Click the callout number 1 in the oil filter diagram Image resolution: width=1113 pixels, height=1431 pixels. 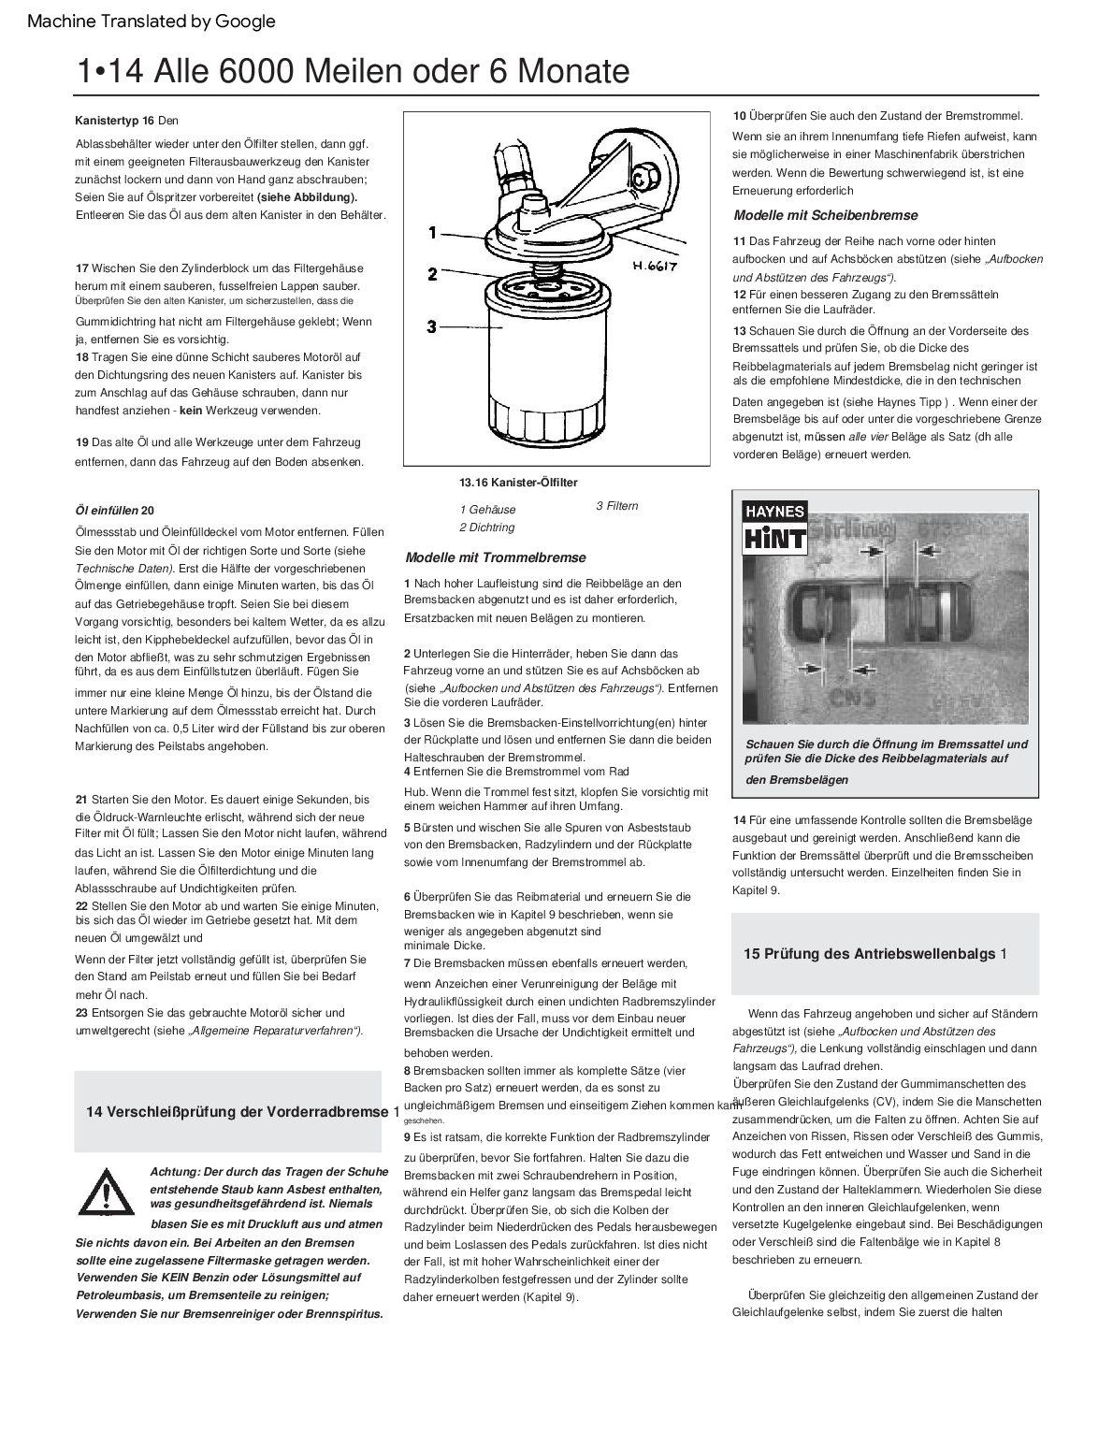(432, 233)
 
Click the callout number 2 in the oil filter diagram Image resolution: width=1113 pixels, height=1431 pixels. (432, 274)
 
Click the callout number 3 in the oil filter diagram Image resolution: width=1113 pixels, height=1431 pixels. (432, 326)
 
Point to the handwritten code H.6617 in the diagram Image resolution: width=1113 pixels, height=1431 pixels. (654, 266)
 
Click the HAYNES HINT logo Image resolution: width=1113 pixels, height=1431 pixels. (773, 528)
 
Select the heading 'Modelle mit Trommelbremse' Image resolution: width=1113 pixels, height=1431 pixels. (496, 557)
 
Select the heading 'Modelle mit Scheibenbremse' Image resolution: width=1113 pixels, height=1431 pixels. (826, 215)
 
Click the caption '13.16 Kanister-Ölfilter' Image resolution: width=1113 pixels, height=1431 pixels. (518, 483)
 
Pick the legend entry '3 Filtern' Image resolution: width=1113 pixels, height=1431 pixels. (617, 506)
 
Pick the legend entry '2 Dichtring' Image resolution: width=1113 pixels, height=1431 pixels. (486, 528)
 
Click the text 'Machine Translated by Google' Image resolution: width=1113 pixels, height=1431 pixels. (152, 22)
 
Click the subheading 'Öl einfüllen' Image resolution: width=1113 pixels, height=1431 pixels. (107, 511)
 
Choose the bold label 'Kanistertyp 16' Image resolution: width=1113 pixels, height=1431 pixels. (114, 121)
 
